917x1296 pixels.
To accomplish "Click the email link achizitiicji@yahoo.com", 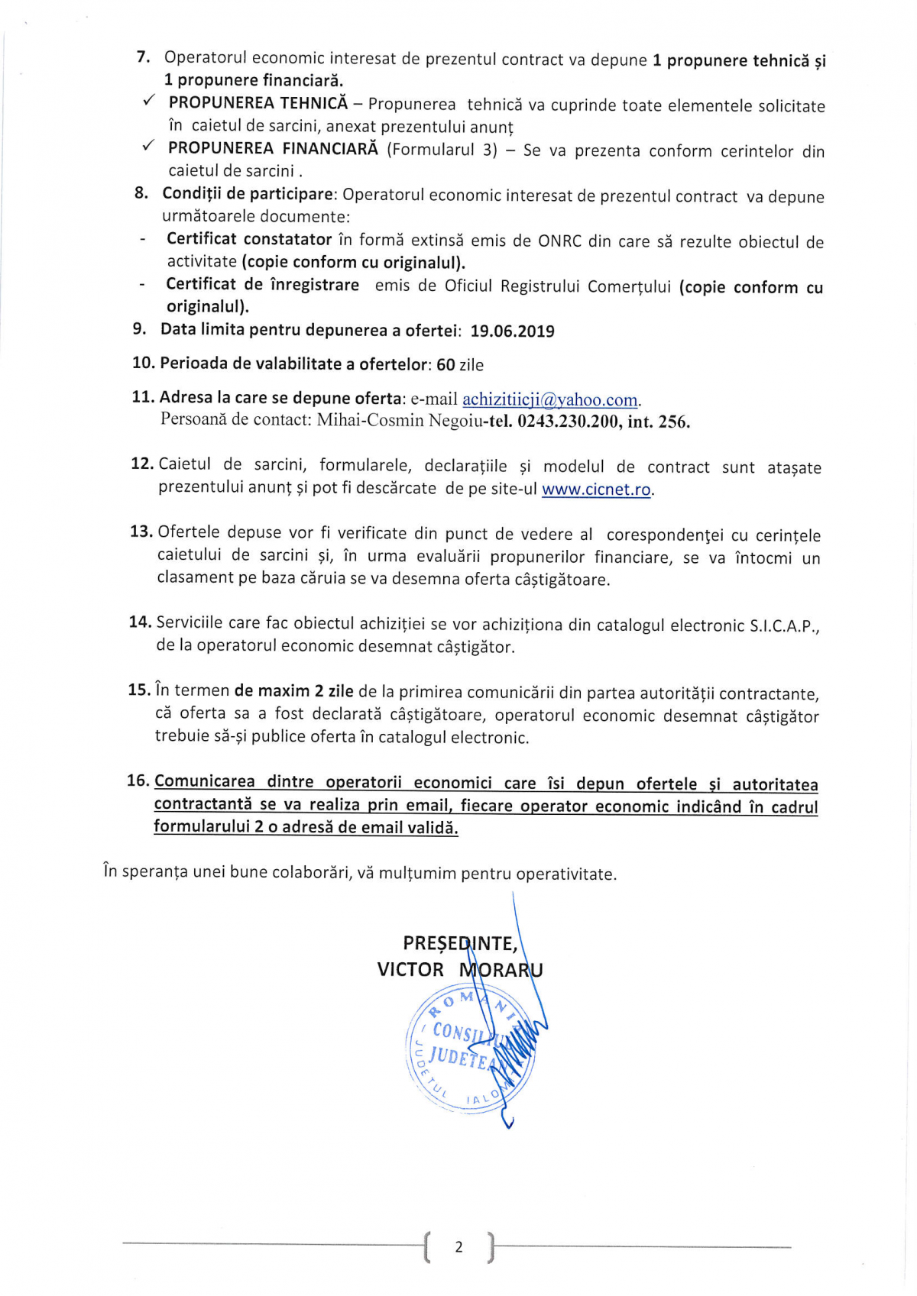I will [x=550, y=399].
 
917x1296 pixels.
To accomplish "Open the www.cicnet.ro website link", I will [x=596, y=490].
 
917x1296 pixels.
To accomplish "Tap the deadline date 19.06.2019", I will [x=512, y=331].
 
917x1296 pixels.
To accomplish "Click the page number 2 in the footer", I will [x=458, y=1247].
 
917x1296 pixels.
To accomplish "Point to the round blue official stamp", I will [x=469, y=1049].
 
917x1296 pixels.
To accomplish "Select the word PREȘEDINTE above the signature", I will [x=459, y=944].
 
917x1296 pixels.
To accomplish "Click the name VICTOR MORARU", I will [x=459, y=970].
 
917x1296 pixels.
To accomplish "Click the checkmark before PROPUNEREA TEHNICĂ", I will [x=149, y=102].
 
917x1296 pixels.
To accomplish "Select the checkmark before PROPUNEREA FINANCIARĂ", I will [x=149, y=146].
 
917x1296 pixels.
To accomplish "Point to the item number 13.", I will [x=141, y=532].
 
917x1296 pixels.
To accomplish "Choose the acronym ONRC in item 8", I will [x=560, y=241].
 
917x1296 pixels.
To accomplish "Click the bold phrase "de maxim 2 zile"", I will [x=293, y=691].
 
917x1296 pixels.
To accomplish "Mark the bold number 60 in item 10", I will [x=446, y=365].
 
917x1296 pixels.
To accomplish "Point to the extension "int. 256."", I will [x=659, y=422].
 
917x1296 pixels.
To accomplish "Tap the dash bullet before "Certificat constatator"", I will [x=142, y=241].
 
